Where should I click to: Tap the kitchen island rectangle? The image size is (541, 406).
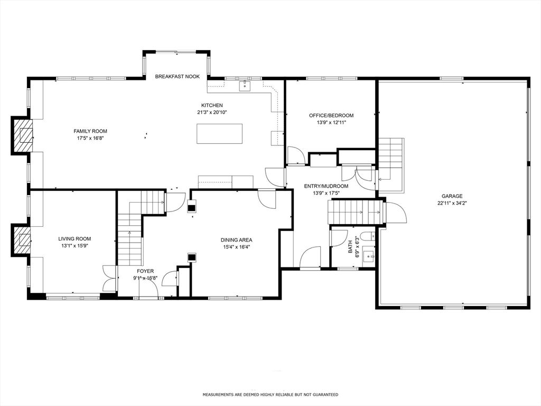coord(220,134)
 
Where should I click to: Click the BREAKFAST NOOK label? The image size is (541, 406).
coord(178,77)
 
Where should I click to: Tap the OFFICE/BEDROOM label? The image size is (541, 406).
coord(331,115)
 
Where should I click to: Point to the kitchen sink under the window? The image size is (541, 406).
coord(245,86)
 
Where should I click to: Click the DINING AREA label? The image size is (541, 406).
coord(236,240)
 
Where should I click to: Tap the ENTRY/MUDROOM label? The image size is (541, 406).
coord(326,186)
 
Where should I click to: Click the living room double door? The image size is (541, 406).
coord(109,278)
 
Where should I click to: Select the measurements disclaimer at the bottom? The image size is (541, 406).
coord(270,394)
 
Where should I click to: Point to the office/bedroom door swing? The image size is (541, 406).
coord(296,155)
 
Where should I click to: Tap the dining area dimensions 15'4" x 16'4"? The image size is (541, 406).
coord(236,247)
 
